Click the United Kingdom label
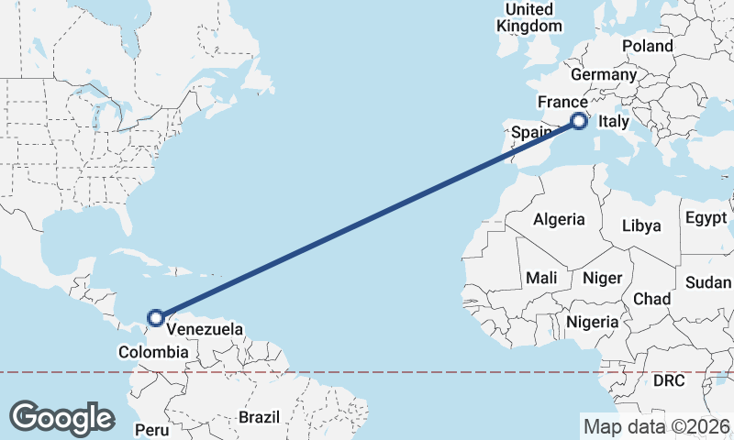[x=529, y=17]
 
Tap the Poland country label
[x=647, y=46]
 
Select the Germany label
[x=603, y=74]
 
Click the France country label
[x=562, y=101]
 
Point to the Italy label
[x=613, y=121]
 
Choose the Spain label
[x=530, y=132]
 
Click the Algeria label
[x=559, y=219]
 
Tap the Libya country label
[x=641, y=225]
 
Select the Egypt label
[x=705, y=218]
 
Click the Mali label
[x=541, y=277]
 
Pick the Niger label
[x=603, y=277]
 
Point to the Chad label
[x=651, y=299]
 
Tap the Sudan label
[x=708, y=281]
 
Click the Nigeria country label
[x=593, y=322]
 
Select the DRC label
[x=669, y=379]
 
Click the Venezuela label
[x=205, y=328]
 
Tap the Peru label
[x=151, y=429]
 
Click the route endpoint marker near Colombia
[x=157, y=317]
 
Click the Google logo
[x=61, y=417]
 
